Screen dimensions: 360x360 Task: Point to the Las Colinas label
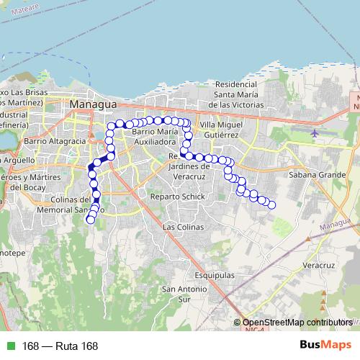click(x=179, y=227)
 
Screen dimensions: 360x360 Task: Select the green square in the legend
click(x=11, y=346)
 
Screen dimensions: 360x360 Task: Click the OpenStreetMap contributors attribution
click(x=297, y=323)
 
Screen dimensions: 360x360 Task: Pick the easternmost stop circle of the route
click(x=272, y=205)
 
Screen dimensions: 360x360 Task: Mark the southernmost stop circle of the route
click(x=90, y=220)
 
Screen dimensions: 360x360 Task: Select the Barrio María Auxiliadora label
click(x=155, y=138)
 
